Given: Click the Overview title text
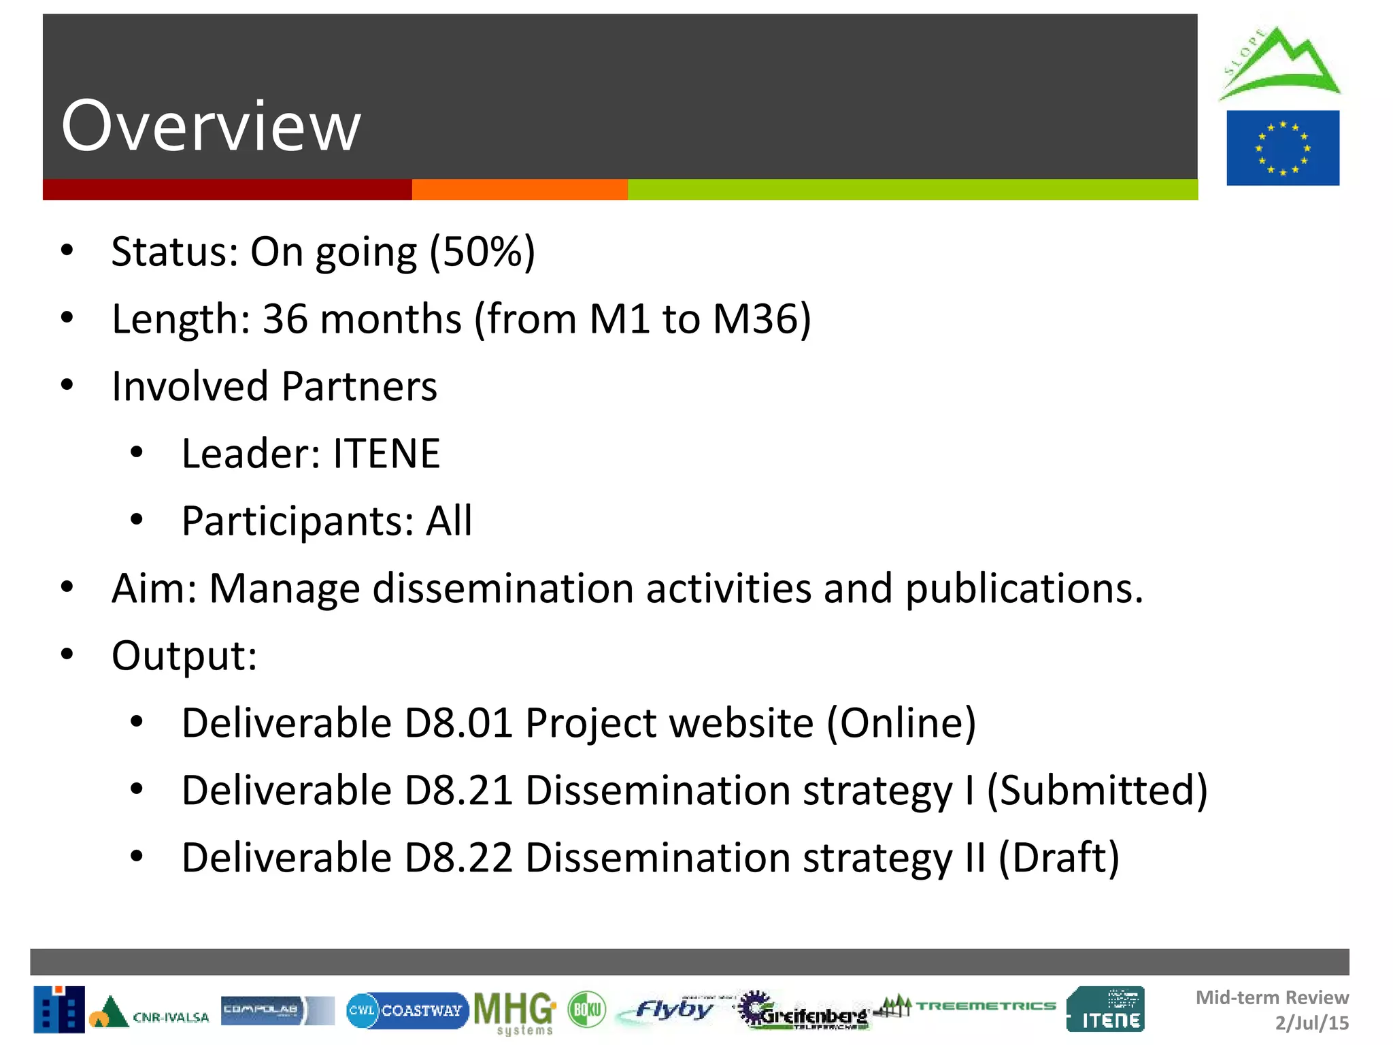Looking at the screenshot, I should [211, 126].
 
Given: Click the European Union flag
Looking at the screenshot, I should [1283, 148].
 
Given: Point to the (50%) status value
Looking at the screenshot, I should [482, 252].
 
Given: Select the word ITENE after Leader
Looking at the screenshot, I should [386, 454].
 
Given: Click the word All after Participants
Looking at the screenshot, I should [448, 521].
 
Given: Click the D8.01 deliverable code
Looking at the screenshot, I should [458, 723].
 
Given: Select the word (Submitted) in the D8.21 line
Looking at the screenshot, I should [1096, 791].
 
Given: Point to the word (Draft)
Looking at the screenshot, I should [1058, 858].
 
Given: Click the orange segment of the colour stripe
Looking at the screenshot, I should [520, 190].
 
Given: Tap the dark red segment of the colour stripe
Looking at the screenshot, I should [227, 190].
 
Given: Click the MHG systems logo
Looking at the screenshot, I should [515, 1012].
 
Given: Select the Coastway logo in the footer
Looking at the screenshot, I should [407, 1010].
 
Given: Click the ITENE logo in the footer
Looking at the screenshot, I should [1105, 1010].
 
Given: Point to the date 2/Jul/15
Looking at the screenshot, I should [1311, 1023].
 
